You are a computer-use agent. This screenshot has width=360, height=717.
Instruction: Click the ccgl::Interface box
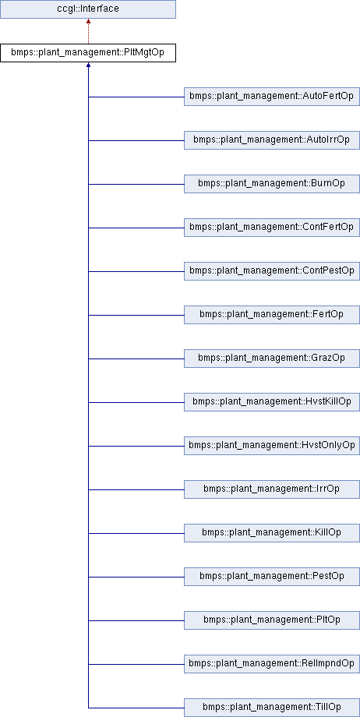click(88, 9)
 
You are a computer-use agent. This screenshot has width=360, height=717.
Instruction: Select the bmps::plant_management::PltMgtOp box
click(88, 53)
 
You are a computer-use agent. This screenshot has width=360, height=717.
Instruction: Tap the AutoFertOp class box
click(272, 97)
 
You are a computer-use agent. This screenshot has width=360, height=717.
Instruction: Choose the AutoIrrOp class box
click(272, 140)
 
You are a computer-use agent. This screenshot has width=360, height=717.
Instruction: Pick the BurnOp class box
click(272, 184)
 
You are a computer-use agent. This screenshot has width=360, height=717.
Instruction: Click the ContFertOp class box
click(272, 228)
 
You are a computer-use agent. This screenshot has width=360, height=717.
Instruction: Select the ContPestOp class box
click(272, 272)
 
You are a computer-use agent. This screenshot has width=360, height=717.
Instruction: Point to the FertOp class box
click(272, 315)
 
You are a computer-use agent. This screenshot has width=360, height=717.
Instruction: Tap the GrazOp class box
click(272, 359)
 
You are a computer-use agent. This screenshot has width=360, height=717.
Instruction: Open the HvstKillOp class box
click(272, 402)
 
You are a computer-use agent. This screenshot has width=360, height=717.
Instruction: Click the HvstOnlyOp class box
click(272, 446)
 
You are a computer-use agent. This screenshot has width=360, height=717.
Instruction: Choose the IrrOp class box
click(272, 489)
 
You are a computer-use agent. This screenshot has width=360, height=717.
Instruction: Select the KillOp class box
click(272, 533)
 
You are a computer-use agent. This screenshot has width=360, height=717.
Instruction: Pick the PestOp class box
click(272, 577)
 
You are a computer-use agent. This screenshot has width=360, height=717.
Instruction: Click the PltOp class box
click(272, 620)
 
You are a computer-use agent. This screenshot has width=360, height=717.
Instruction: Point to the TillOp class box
click(272, 708)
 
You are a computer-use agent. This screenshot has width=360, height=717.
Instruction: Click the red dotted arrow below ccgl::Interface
click(88, 31)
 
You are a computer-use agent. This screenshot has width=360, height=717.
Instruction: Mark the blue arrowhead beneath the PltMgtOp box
click(88, 65)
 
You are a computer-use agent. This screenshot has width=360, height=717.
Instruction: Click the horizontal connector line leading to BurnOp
click(136, 184)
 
